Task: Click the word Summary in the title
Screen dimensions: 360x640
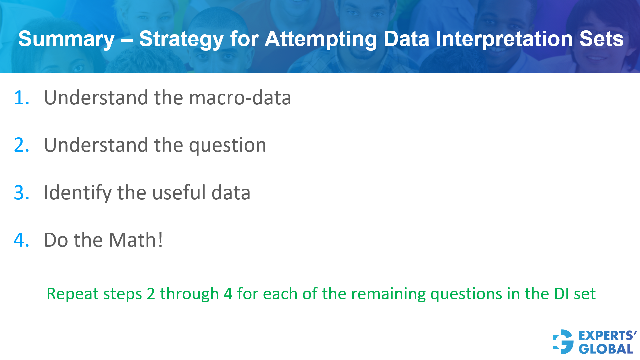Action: tap(66, 39)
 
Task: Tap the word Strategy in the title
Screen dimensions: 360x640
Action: tap(181, 39)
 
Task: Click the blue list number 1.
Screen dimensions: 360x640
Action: tap(21, 98)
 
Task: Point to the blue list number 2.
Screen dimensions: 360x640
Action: tap(21, 145)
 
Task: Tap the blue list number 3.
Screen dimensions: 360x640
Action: tap(21, 193)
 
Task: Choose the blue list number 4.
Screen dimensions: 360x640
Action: tap(21, 240)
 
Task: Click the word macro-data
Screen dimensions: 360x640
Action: tap(240, 98)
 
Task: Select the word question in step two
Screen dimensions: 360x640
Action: tap(227, 146)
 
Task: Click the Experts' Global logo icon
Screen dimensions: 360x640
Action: tap(563, 342)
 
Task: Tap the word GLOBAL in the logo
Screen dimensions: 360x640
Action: tap(606, 349)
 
